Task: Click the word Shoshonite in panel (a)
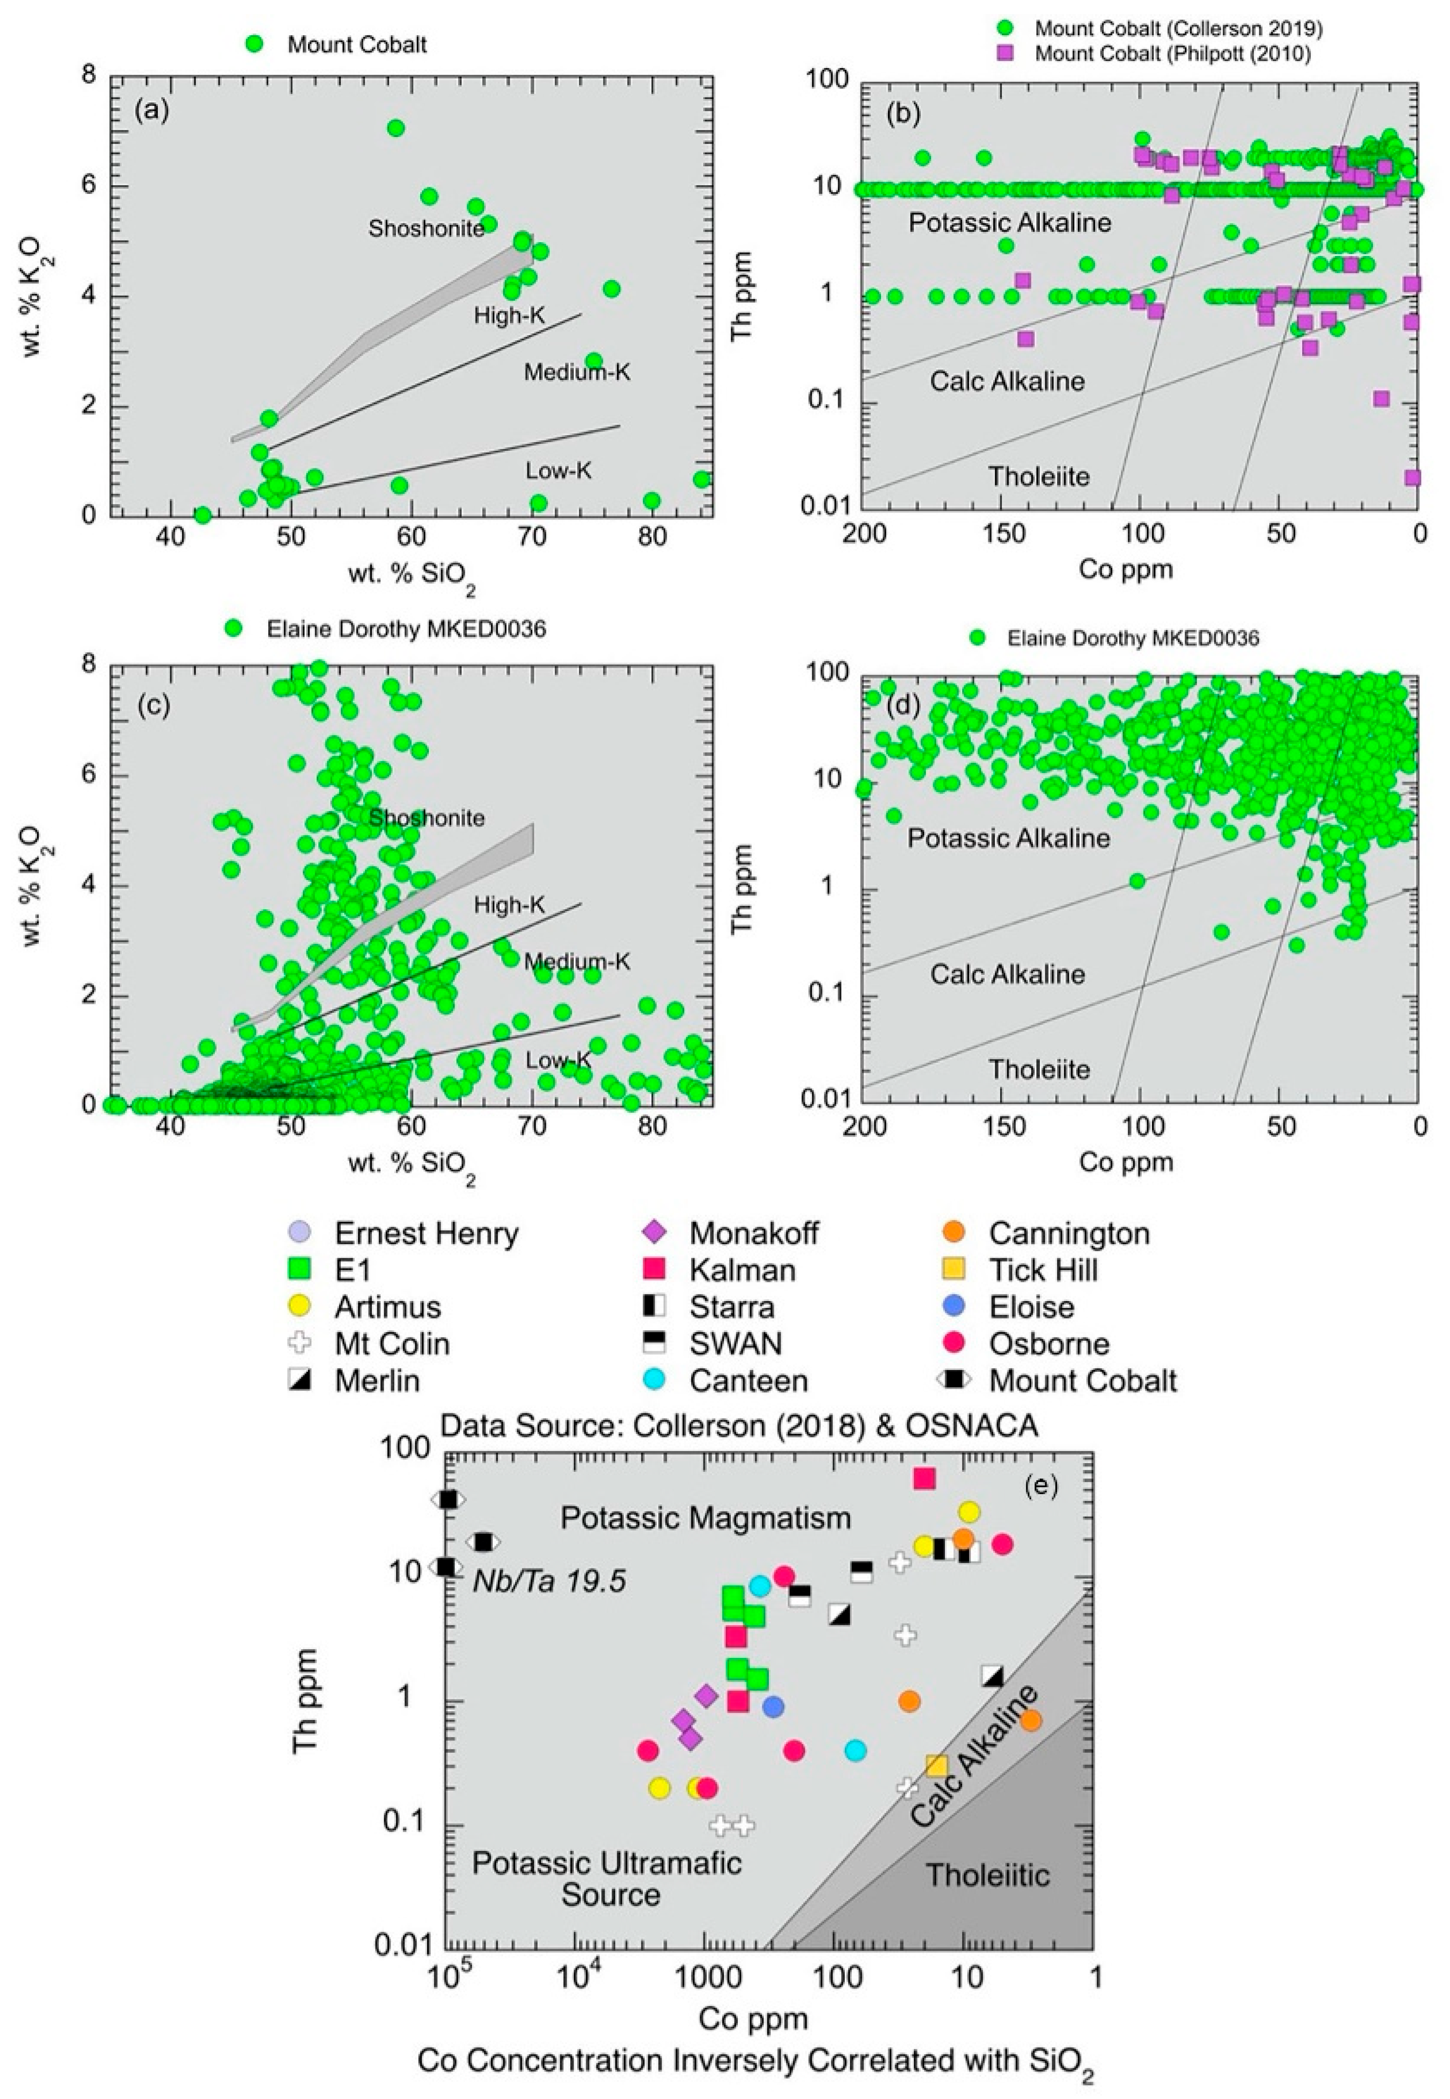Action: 426,229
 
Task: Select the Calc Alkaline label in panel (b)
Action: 1007,380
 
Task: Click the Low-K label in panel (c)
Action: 558,1060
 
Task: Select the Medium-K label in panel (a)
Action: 577,372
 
